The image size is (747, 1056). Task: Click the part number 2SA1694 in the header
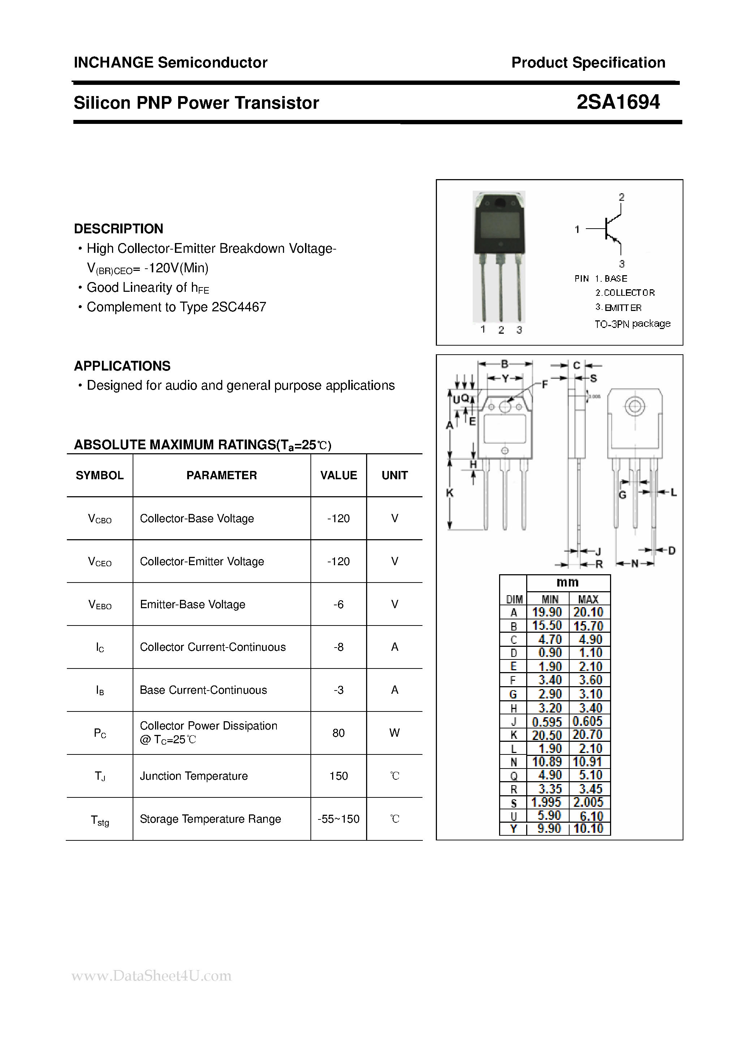click(618, 102)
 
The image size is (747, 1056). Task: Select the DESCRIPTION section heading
click(118, 229)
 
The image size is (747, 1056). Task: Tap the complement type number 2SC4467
click(239, 307)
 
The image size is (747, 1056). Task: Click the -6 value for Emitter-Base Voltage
click(338, 604)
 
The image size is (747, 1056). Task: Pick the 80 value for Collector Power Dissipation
click(338, 733)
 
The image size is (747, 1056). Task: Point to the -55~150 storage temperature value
click(338, 819)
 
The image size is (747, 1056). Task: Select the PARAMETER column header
click(222, 475)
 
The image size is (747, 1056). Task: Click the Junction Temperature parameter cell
click(194, 776)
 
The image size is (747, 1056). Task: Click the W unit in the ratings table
click(394, 733)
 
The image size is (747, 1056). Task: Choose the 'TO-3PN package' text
click(632, 324)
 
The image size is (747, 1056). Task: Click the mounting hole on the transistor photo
click(499, 203)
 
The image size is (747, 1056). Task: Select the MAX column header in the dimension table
click(588, 599)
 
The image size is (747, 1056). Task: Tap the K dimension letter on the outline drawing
click(450, 493)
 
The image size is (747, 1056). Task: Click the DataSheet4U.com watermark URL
click(151, 976)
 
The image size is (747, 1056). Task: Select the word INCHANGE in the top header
click(113, 62)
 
